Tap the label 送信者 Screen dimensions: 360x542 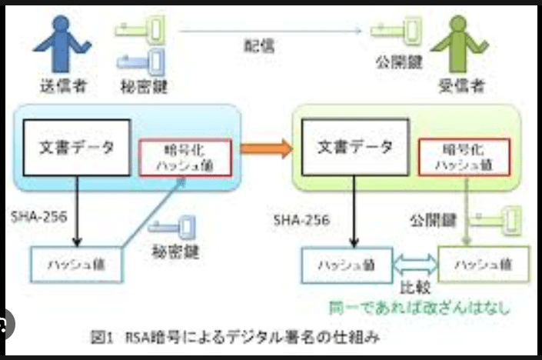point(62,85)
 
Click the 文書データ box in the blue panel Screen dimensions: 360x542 point(70,147)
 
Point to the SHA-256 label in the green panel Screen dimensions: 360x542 point(301,222)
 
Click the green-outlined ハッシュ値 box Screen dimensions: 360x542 point(484,265)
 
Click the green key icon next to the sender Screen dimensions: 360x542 point(141,30)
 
